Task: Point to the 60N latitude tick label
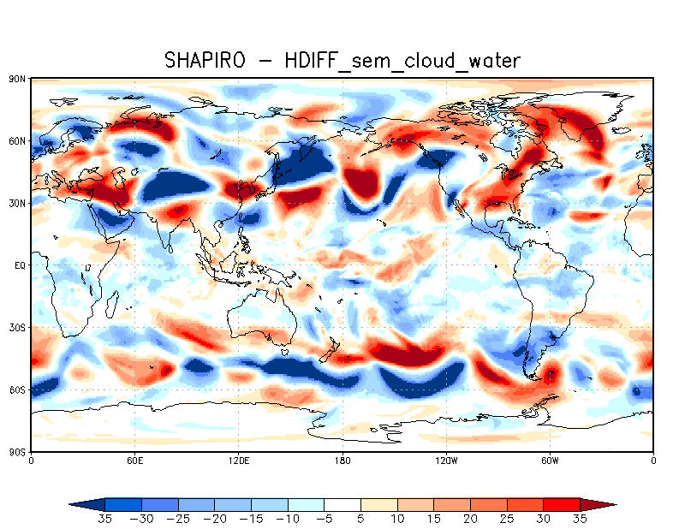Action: coord(17,140)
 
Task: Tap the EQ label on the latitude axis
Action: coord(19,265)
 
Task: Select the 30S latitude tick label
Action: coord(17,328)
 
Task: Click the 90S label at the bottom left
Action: coord(17,451)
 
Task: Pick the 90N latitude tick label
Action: coord(17,79)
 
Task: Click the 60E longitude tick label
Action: coord(134,461)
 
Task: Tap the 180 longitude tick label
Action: coord(342,461)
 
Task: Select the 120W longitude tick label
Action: coord(446,461)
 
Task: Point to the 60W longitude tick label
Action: coord(550,461)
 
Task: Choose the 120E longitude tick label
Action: coord(238,461)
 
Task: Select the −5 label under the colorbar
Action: coord(325,519)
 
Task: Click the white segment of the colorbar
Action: coord(342,505)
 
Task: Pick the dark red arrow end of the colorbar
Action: coord(603,505)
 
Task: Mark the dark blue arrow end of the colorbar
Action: coord(83,505)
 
